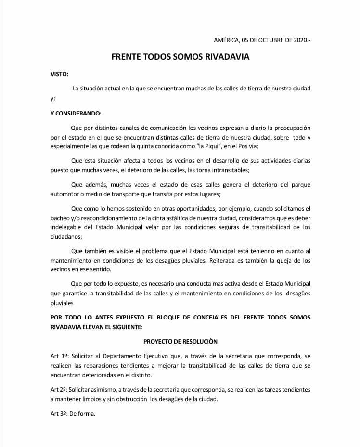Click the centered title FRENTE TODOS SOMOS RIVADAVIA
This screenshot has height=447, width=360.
180,57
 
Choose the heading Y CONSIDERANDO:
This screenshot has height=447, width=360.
76,114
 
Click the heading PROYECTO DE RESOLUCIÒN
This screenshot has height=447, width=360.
180,341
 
